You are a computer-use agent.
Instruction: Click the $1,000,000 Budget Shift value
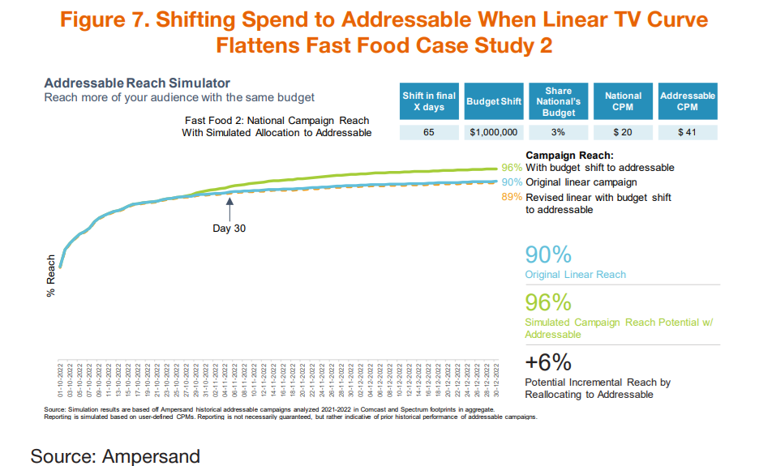click(494, 132)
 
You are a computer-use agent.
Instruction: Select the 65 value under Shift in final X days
click(429, 132)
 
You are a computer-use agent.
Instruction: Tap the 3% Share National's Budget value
click(559, 132)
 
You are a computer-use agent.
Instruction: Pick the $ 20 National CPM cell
click(623, 132)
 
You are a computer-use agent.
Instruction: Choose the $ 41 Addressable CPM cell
click(688, 132)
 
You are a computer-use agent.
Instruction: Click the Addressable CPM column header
click(688, 101)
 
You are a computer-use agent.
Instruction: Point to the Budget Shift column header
click(494, 101)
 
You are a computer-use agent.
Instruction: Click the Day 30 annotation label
click(229, 229)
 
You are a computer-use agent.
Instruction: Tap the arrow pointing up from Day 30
click(229, 208)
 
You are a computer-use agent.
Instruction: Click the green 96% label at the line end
click(512, 168)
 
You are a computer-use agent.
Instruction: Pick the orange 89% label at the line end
click(512, 197)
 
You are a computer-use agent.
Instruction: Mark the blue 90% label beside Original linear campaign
click(512, 182)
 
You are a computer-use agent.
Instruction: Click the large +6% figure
click(549, 361)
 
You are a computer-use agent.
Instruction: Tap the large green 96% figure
click(549, 303)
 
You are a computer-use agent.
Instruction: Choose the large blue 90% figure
click(549, 254)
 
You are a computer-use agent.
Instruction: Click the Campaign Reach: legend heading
click(569, 154)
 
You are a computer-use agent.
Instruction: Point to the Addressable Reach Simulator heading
click(137, 83)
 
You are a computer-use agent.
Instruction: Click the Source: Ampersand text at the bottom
click(115, 455)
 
